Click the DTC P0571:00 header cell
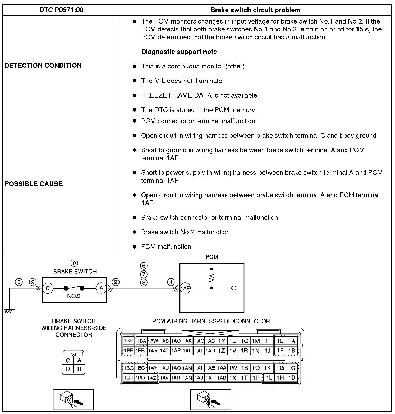[61, 10]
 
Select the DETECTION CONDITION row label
[43, 65]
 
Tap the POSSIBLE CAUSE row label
[34, 184]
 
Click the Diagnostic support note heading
[179, 52]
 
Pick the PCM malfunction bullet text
[166, 246]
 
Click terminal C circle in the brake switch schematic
[48, 288]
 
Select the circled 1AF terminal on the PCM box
[185, 288]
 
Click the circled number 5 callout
[19, 282]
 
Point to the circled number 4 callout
[171, 282]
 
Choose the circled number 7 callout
[144, 274]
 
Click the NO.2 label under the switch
[74, 296]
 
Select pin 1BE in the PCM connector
[128, 341]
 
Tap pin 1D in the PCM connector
[292, 378]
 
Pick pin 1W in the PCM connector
[233, 368]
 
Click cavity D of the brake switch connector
[68, 369]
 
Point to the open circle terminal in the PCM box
[234, 288]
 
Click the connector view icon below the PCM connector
[210, 399]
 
